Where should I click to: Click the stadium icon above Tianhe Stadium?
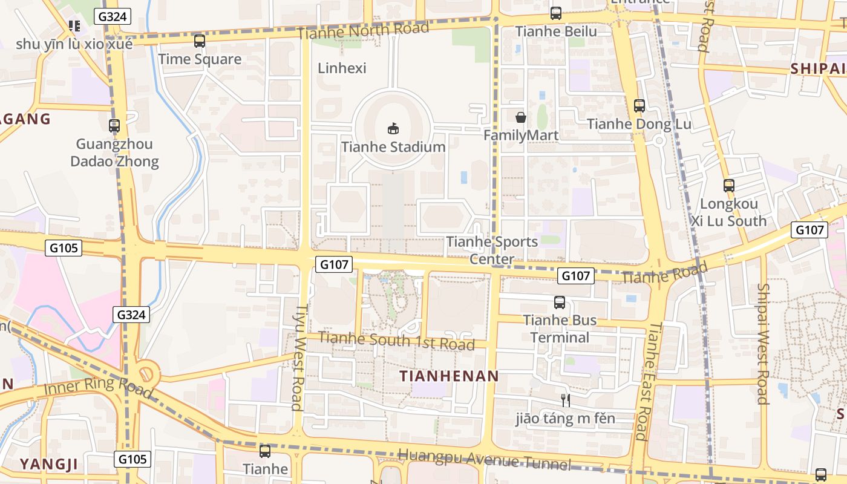pyautogui.click(x=393, y=128)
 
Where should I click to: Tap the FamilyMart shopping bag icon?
pyautogui.click(x=520, y=117)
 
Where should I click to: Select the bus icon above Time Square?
pyautogui.click(x=200, y=41)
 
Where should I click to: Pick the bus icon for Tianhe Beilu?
pyautogui.click(x=556, y=13)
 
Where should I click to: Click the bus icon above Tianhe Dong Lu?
pyautogui.click(x=639, y=106)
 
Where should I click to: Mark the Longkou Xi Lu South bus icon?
pyautogui.click(x=729, y=186)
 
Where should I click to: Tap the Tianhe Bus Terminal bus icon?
pyautogui.click(x=560, y=302)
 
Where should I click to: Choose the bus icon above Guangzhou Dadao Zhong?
pyautogui.click(x=114, y=126)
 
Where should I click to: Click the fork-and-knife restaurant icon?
pyautogui.click(x=565, y=400)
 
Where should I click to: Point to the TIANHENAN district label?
pyautogui.click(x=450, y=376)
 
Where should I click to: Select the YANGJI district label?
pyautogui.click(x=49, y=465)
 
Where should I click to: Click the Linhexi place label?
pyautogui.click(x=342, y=68)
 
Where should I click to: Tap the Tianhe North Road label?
pyautogui.click(x=364, y=30)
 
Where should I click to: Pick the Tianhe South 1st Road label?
pyautogui.click(x=396, y=341)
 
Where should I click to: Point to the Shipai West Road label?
pyautogui.click(x=763, y=344)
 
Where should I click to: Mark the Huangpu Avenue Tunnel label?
pyautogui.click(x=484, y=459)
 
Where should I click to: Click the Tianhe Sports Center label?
pyautogui.click(x=492, y=250)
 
